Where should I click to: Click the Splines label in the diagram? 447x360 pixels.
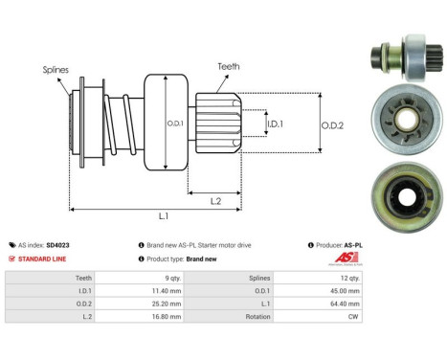pyautogui.click(x=56, y=69)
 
